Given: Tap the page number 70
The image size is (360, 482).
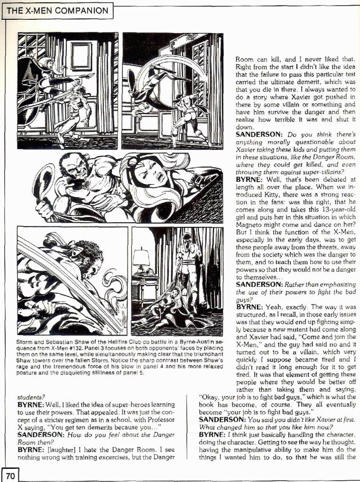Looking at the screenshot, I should point(10,475).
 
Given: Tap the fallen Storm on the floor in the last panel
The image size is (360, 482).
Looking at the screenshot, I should point(169,311).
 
